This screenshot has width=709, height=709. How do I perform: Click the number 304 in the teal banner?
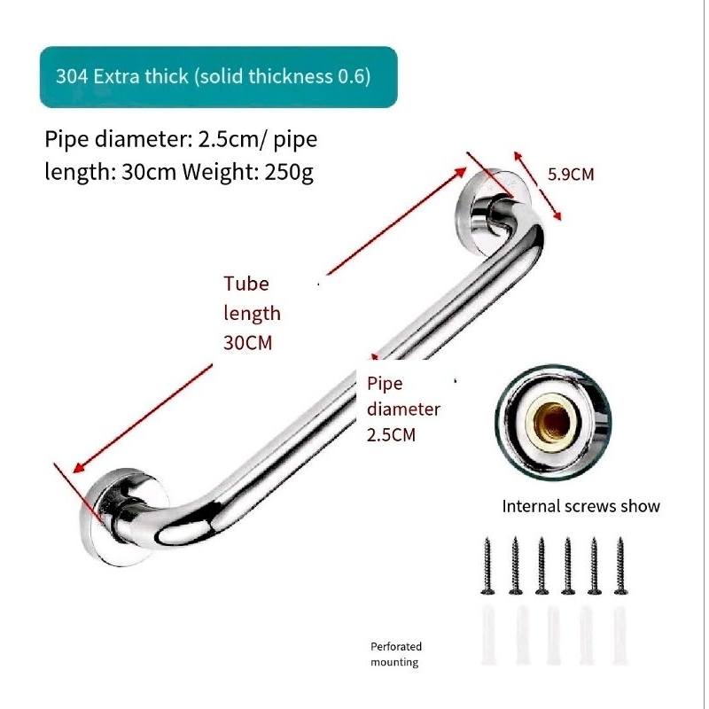(71, 76)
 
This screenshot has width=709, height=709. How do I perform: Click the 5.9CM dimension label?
(571, 175)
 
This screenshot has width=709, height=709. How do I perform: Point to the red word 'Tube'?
(245, 284)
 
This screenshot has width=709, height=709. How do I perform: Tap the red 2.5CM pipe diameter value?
(391, 435)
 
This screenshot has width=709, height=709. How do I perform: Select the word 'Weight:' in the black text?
(220, 171)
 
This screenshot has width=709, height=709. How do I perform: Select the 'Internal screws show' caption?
(581, 507)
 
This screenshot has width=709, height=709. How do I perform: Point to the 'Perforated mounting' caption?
(395, 654)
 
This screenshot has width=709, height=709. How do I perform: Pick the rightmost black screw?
(620, 565)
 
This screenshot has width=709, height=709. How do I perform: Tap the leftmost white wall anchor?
(489, 635)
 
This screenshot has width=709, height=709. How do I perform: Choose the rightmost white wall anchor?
(620, 635)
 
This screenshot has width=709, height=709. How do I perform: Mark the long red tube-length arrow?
(266, 319)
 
